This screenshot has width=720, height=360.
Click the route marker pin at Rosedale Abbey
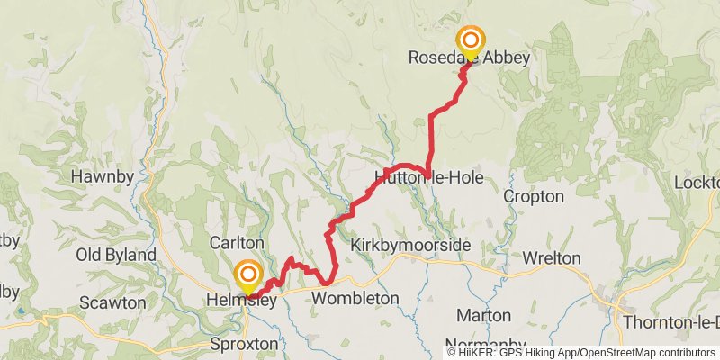470,41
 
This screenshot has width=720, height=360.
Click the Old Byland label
116,255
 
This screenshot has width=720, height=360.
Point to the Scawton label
112,302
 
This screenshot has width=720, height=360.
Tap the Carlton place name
236,243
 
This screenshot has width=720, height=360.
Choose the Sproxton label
244,344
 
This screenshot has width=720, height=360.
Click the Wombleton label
355,297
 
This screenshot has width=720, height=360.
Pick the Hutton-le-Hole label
429,177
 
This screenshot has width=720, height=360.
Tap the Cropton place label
534,196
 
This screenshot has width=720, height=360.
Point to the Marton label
484,315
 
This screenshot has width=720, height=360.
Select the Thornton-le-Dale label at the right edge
675,321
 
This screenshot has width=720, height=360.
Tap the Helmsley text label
240,300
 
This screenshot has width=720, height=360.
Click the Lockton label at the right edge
697,183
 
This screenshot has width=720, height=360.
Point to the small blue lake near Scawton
20,310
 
